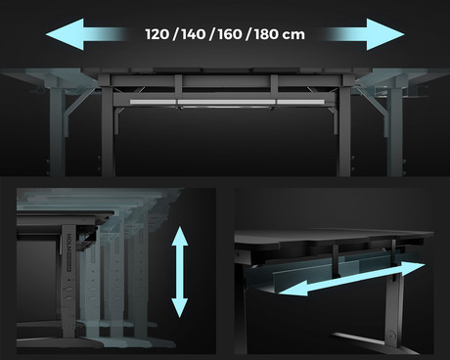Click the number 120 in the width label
pyautogui.click(x=158, y=33)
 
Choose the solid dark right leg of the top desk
pyautogui.click(x=342, y=137)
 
